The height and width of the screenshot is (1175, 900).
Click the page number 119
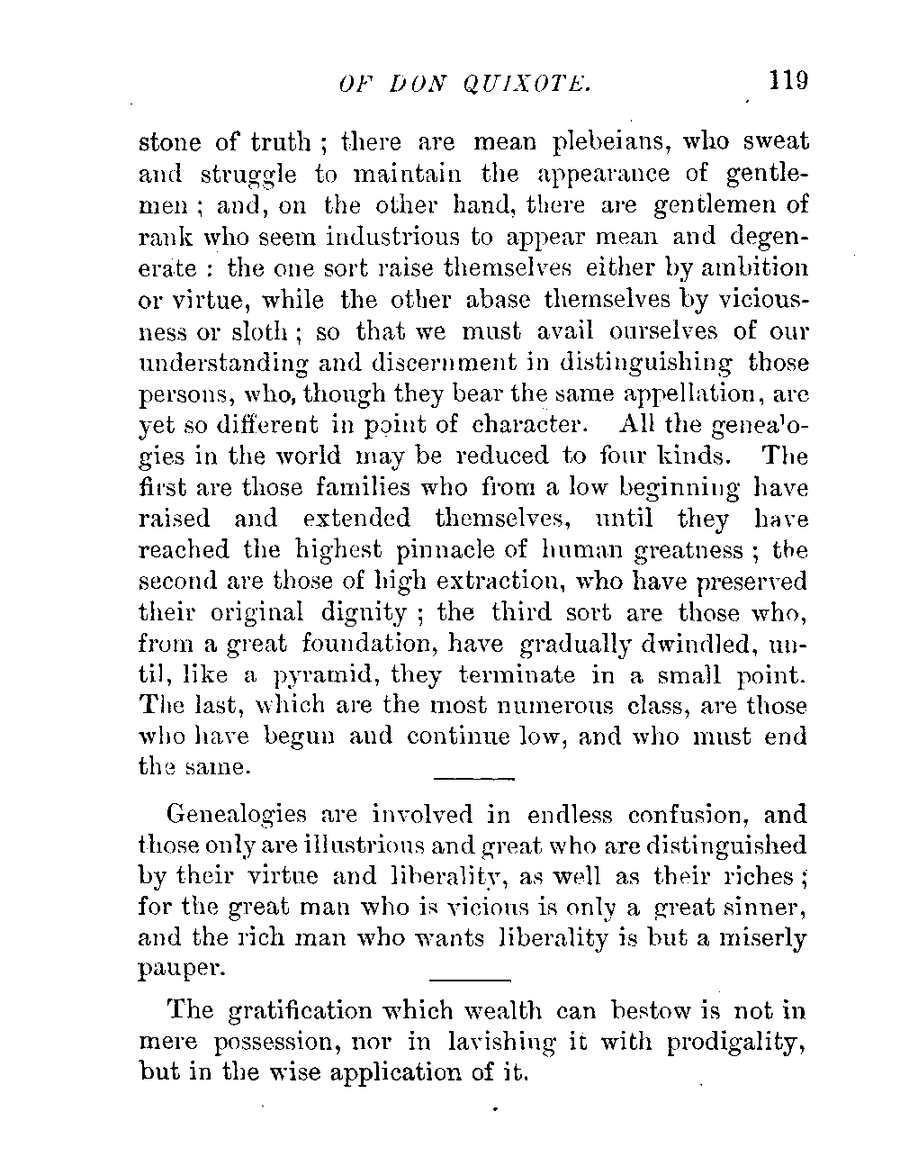pos(788,80)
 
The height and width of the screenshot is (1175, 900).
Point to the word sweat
pos(777,142)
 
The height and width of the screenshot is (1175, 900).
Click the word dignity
pos(364,613)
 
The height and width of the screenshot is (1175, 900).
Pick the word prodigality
pos(734,1042)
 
